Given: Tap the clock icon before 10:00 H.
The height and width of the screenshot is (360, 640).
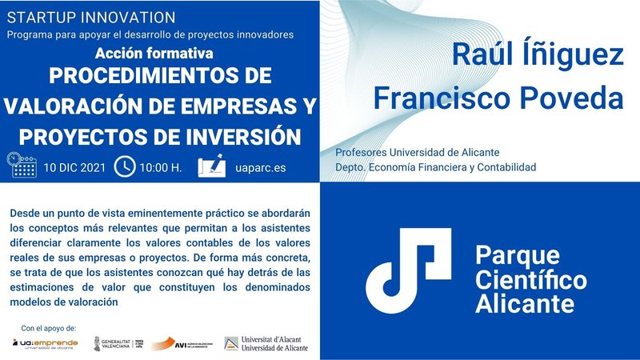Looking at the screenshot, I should click(125, 167).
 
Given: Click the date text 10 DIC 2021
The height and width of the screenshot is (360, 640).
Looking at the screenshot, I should click(74, 168).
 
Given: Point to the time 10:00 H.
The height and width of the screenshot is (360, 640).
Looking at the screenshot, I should click(160, 168).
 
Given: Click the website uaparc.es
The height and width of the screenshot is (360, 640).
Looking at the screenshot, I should click(262, 168).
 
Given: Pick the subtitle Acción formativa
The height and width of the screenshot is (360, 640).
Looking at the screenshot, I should click(153, 54).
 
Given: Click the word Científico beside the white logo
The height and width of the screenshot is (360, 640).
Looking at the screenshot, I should click(530, 280).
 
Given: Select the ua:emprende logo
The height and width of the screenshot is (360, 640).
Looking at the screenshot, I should click(45, 343).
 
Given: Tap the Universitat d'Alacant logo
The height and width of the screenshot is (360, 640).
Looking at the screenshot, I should click(265, 343).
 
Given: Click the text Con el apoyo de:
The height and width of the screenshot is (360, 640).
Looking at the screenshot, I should click(49, 328).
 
